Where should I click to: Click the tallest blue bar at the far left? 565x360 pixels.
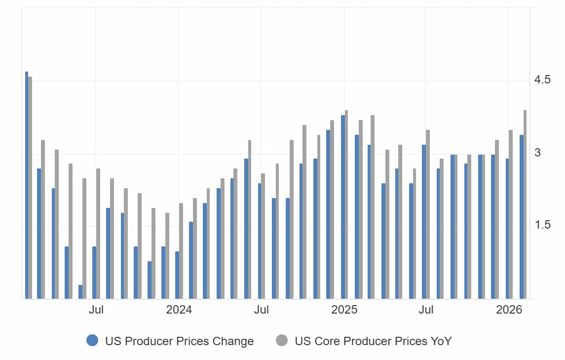[x=27, y=185]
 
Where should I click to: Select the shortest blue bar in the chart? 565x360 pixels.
[x=80, y=292]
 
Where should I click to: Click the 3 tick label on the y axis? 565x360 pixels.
[x=537, y=153]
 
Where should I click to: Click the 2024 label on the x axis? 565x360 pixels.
[x=179, y=310]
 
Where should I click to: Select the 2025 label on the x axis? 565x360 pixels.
[x=344, y=310]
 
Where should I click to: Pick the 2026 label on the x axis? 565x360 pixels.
[x=509, y=310]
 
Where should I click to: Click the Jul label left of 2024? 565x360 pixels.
[x=96, y=310]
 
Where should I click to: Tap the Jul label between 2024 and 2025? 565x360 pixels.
[x=261, y=310]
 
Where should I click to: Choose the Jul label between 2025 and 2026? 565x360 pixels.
[x=426, y=310]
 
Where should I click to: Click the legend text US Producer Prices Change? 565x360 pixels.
[x=179, y=341]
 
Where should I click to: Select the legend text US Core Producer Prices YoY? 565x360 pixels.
[x=373, y=341]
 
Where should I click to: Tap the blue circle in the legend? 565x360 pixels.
[x=92, y=340]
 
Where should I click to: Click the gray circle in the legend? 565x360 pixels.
[x=282, y=340]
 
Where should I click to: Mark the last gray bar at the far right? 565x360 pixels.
[x=525, y=204]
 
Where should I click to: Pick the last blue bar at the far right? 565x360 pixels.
[x=522, y=217]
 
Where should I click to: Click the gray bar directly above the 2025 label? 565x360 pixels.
[x=346, y=204]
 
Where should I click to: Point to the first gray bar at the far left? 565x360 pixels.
[x=30, y=188]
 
